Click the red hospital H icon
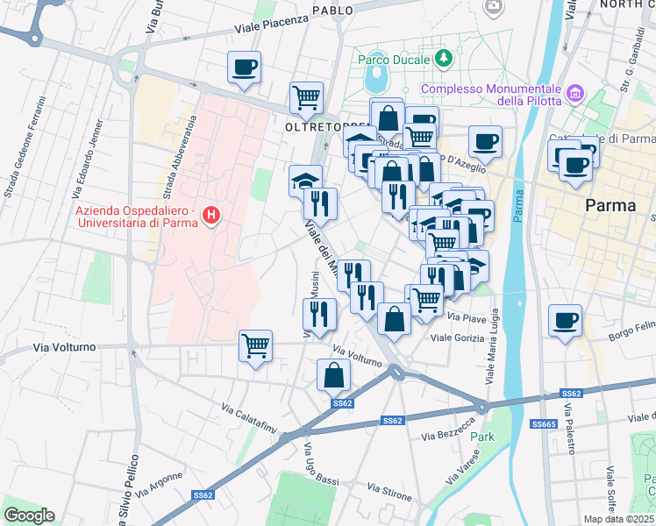click(210, 215)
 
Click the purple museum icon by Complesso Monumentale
click(575, 92)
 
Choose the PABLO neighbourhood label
click(332, 11)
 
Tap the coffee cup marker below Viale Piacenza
click(244, 66)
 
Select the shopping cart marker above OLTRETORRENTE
click(306, 96)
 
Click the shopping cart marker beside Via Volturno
click(255, 345)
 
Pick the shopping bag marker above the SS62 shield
click(333, 376)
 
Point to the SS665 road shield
click(541, 424)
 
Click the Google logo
click(29, 515)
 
